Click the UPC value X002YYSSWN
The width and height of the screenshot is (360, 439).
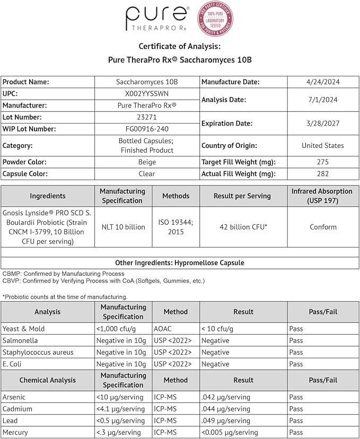pos(147,94)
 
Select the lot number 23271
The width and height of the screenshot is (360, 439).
pos(147,117)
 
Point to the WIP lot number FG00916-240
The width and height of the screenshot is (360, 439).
pos(147,129)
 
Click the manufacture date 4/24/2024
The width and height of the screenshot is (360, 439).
pos(322,82)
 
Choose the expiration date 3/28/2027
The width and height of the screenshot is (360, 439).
pos(322,123)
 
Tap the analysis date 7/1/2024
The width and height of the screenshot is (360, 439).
pos(322,100)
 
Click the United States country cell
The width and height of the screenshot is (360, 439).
pos(322,145)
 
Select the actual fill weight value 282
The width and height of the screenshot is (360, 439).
pos(322,174)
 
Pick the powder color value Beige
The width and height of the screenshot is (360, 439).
pos(147,162)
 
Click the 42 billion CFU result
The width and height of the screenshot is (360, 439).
pos(243,227)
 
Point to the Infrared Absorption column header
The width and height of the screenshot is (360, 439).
pos(322,196)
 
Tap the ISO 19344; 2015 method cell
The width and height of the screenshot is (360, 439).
pos(175,227)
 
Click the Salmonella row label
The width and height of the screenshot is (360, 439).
pos(20,340)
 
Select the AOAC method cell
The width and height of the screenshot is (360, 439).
pos(163,329)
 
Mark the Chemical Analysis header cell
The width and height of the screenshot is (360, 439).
pos(48,380)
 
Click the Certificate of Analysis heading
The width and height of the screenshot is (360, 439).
pos(180,46)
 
